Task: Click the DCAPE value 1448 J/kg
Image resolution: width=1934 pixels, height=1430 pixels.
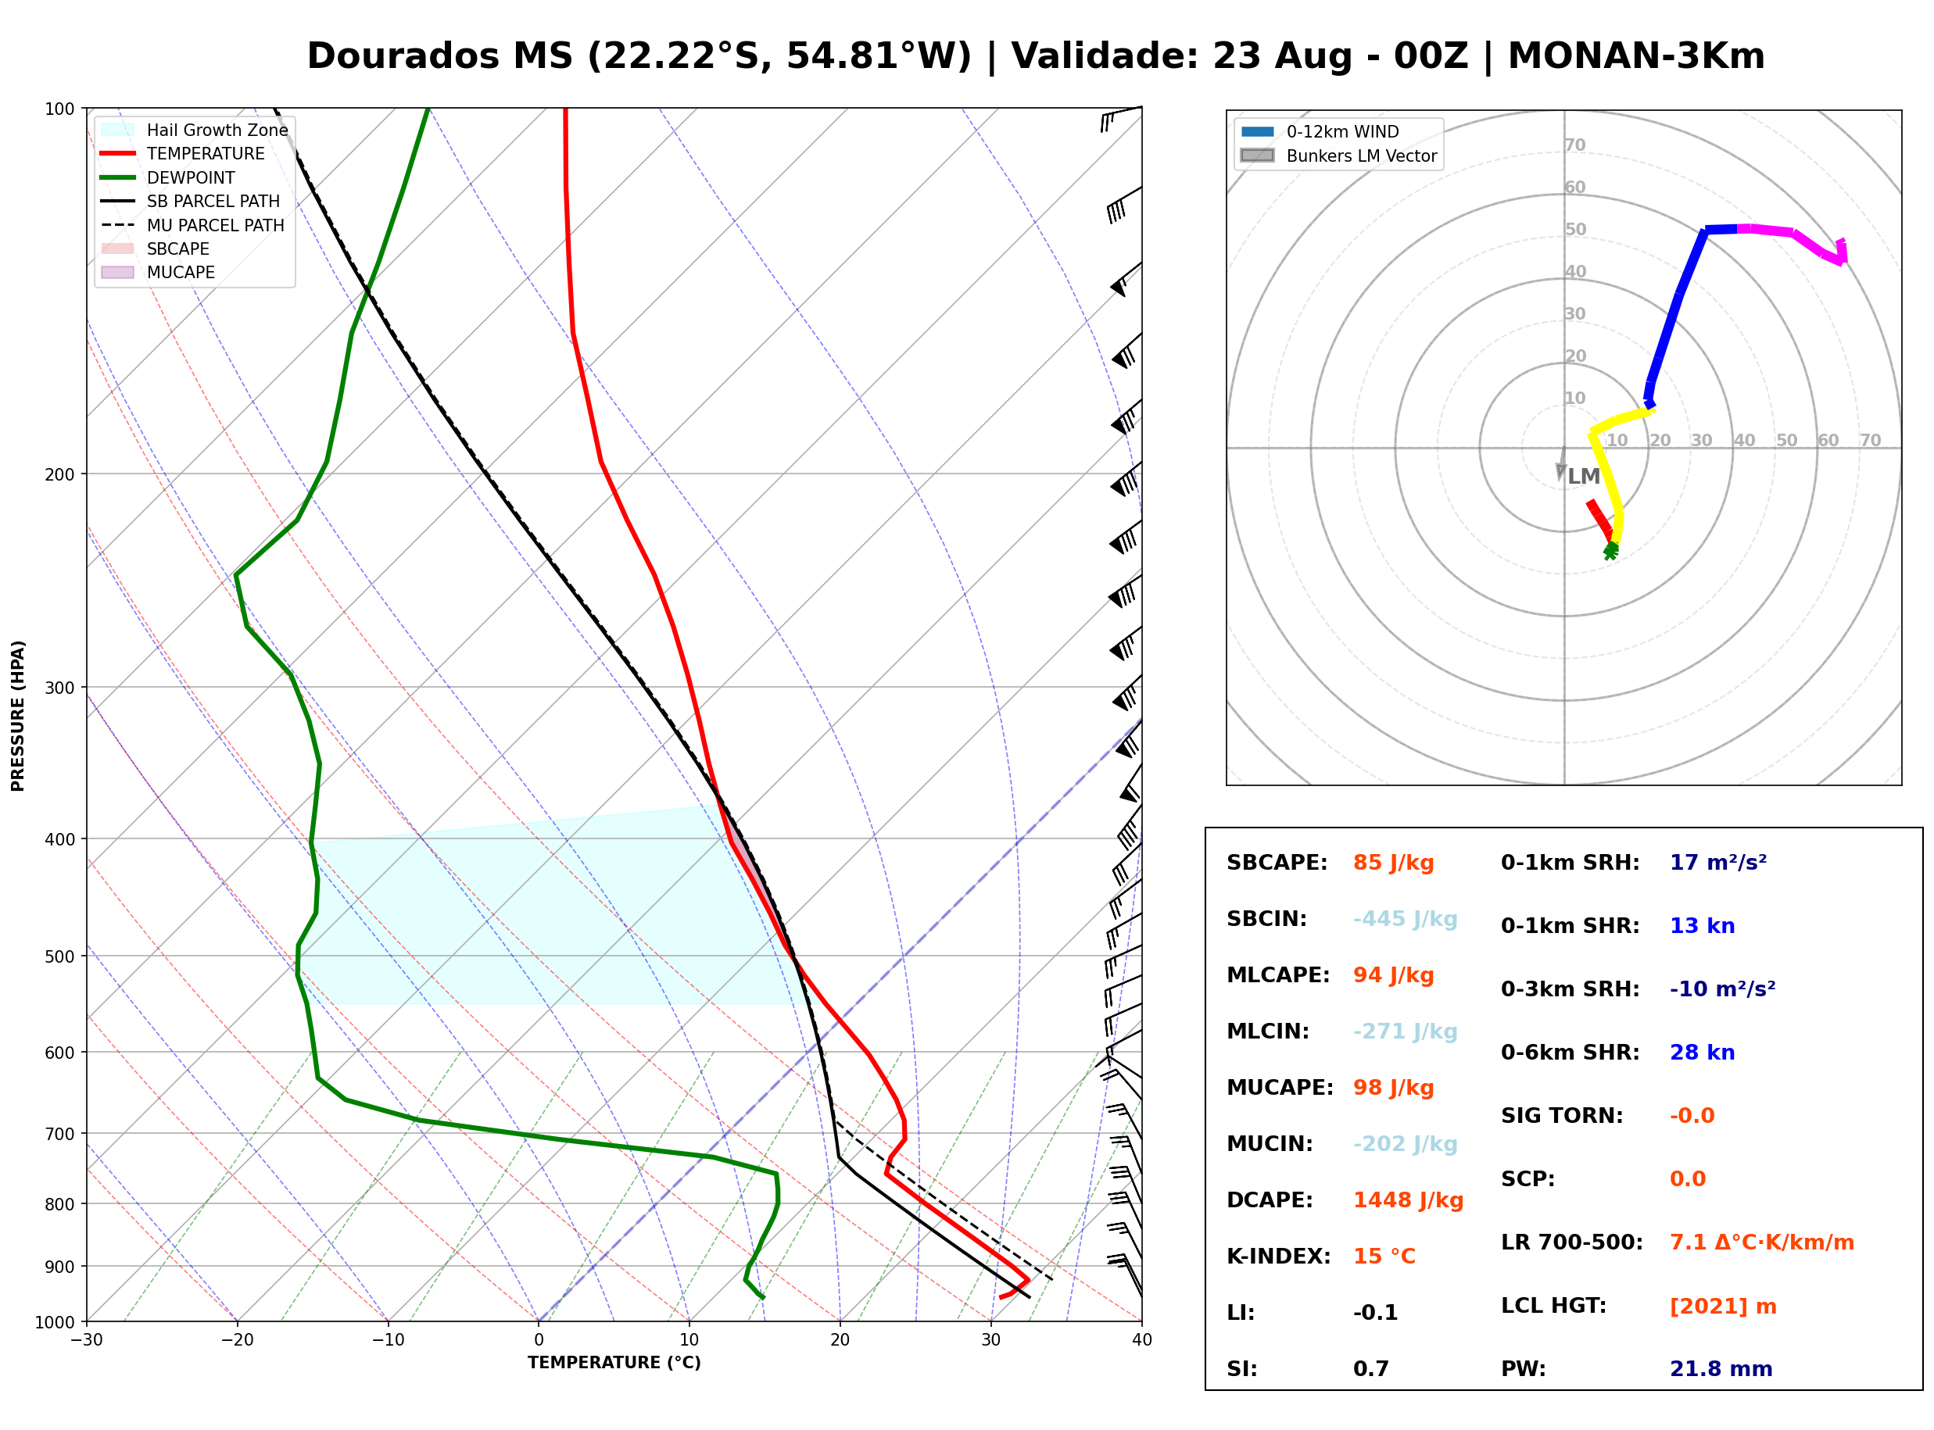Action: click(1408, 1200)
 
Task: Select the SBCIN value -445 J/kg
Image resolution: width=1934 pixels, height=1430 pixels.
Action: click(1405, 919)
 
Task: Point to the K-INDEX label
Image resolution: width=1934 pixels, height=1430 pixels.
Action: click(1279, 1257)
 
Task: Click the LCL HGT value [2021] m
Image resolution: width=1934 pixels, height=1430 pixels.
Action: click(1723, 1307)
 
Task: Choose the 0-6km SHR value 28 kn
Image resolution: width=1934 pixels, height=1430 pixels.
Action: click(1702, 1053)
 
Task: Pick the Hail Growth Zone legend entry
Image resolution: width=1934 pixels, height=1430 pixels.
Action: click(195, 130)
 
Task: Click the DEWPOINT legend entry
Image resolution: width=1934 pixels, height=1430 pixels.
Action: click(168, 177)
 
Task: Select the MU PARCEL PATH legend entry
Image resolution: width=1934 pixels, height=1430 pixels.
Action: click(192, 225)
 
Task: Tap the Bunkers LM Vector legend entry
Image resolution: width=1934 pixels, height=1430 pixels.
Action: click(1338, 156)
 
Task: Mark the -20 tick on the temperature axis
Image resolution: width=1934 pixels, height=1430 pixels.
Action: click(237, 1340)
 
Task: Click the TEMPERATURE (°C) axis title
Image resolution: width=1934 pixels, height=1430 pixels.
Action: click(614, 1363)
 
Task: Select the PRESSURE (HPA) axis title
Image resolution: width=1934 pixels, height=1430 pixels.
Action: click(18, 716)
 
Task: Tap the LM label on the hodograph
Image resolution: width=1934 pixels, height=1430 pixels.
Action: click(1585, 476)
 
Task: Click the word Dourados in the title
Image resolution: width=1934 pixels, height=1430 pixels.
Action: click(440, 56)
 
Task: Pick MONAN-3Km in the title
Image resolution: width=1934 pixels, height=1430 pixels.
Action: click(1636, 56)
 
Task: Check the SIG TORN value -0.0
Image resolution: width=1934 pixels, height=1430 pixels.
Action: click(1692, 1116)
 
